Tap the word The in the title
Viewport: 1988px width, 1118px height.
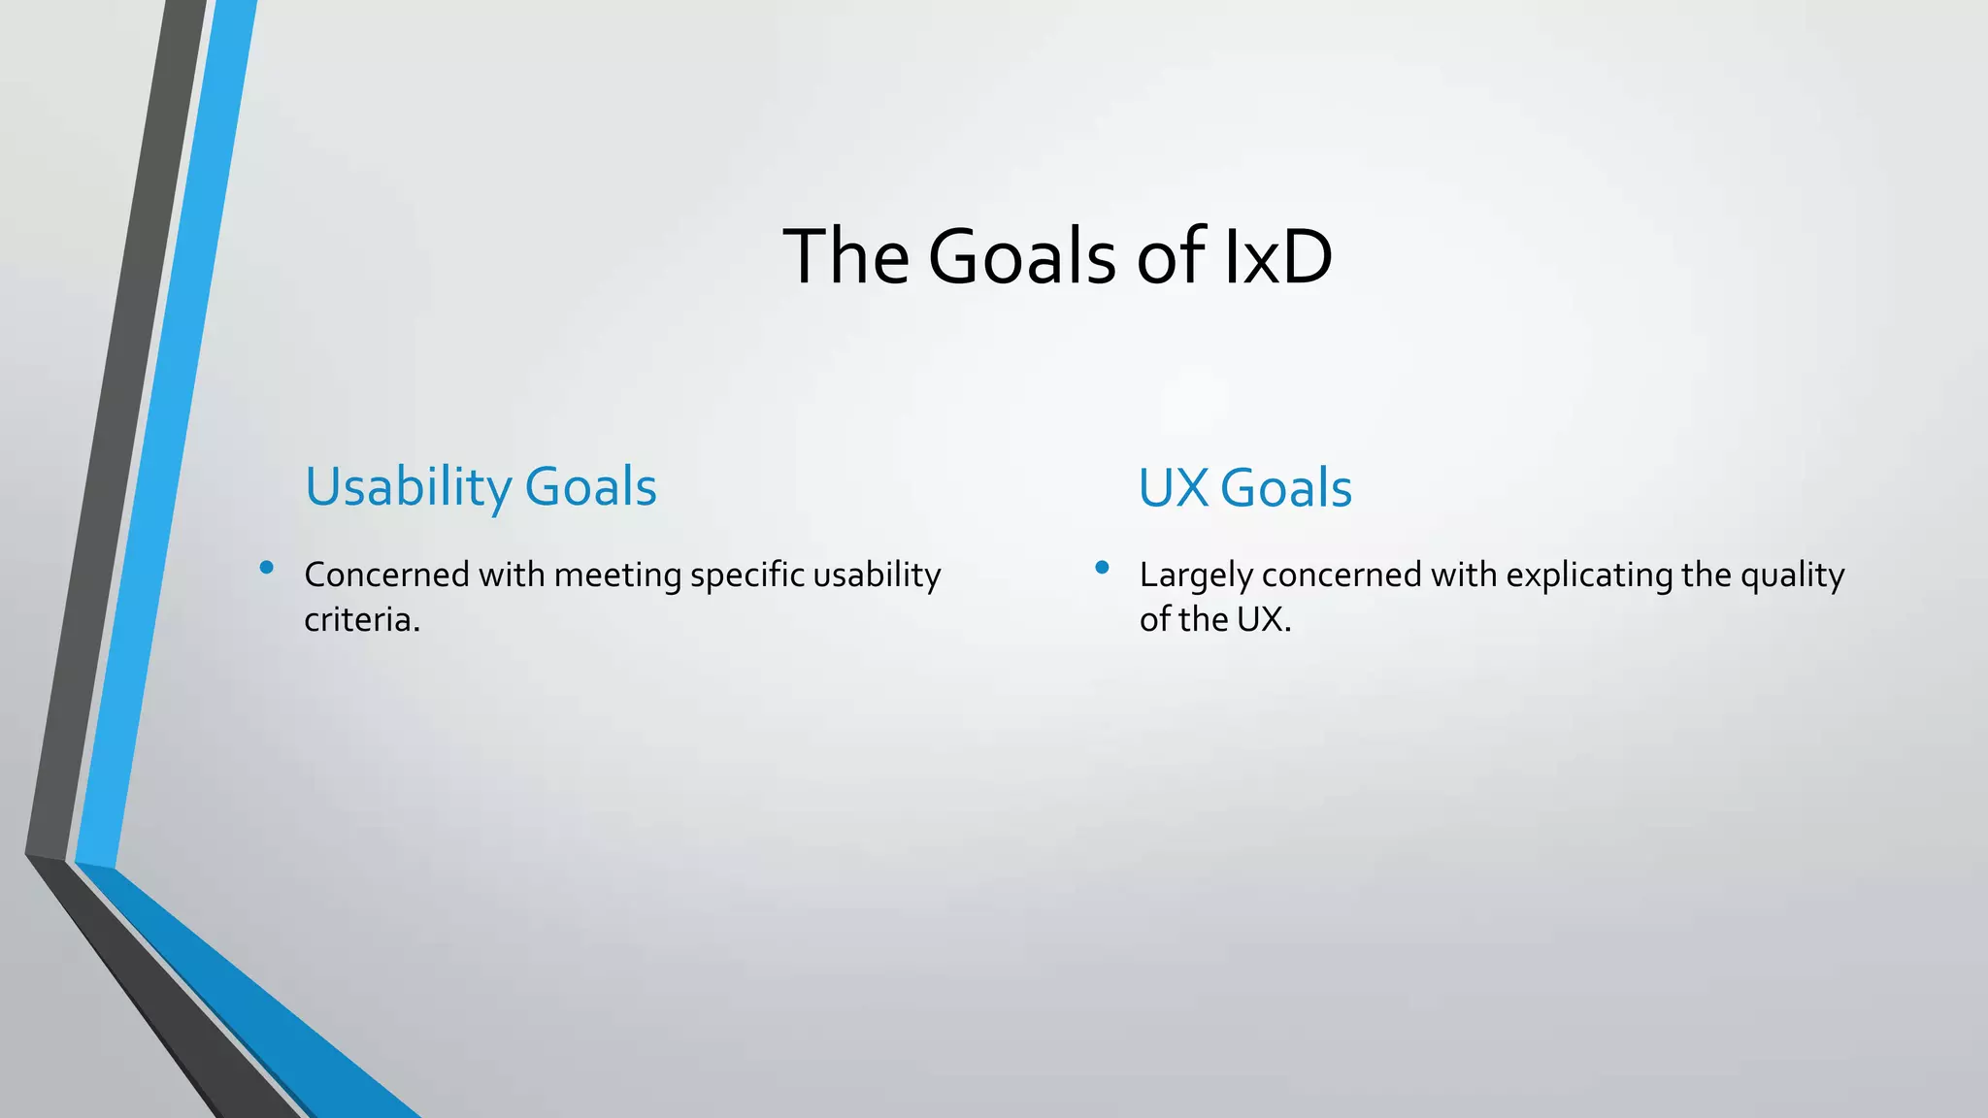[x=845, y=256]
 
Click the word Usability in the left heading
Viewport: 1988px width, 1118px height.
[x=408, y=487]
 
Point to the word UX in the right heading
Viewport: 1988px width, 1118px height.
[x=1173, y=487]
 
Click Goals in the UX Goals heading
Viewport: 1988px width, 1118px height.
[x=1285, y=487]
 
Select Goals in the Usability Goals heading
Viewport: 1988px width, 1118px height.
[x=590, y=487]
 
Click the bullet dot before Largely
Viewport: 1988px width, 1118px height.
[x=1102, y=568]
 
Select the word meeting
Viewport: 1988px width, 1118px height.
[x=617, y=575]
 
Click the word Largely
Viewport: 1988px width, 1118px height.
[x=1196, y=575]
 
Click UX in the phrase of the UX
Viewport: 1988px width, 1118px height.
[x=1260, y=619]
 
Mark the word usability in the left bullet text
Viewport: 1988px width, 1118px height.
[x=877, y=575]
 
